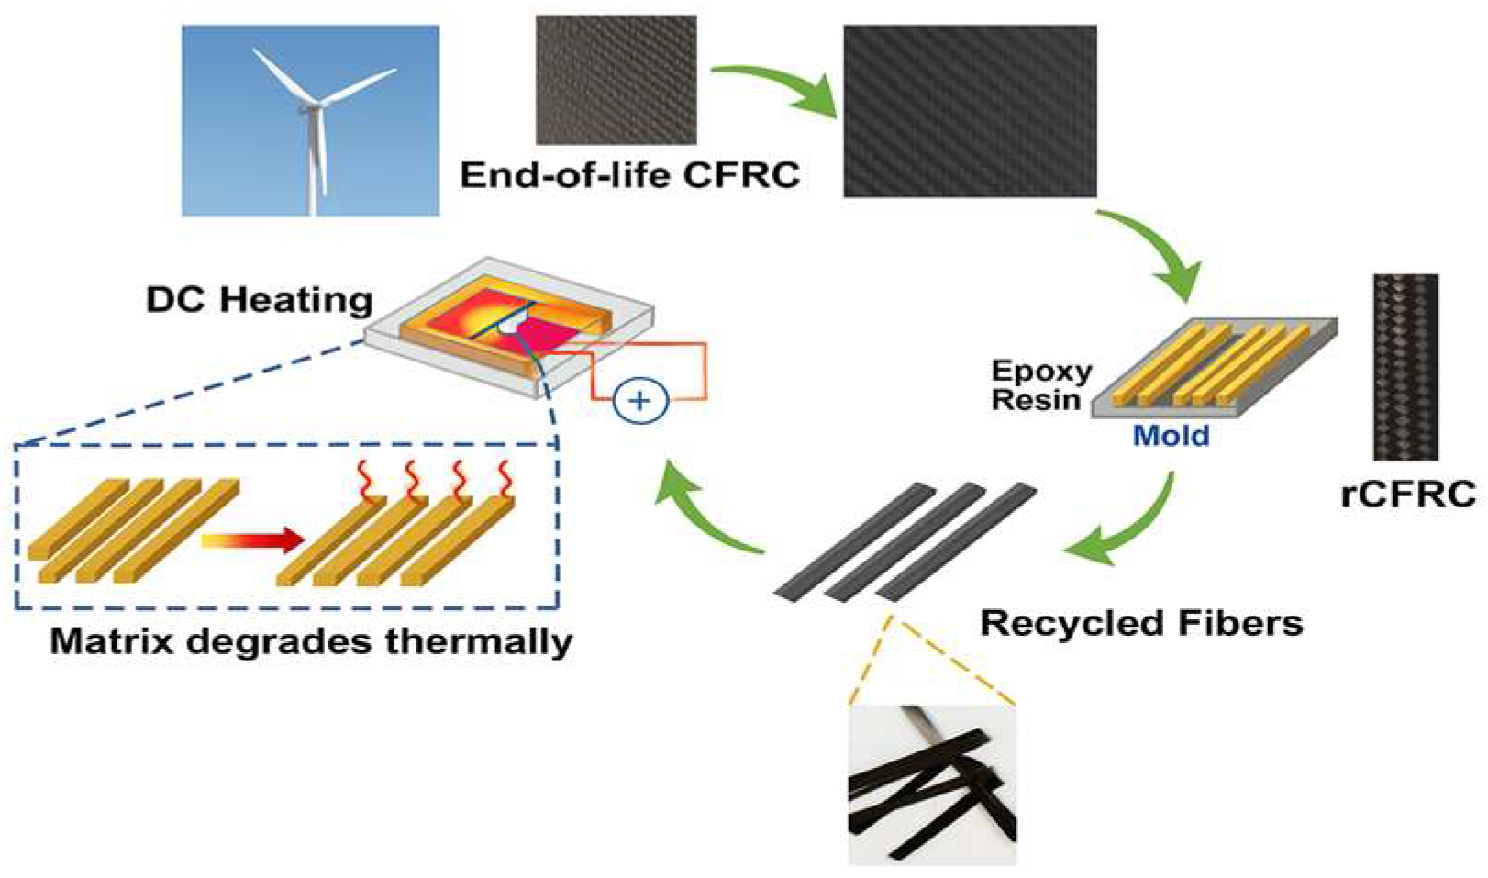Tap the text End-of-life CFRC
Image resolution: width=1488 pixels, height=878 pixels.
[629, 174]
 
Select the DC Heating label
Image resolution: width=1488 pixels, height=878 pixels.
[260, 300]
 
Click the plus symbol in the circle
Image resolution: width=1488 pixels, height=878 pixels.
[639, 401]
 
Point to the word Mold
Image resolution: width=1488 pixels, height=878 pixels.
[1171, 434]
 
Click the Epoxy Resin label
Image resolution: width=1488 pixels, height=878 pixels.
[1041, 385]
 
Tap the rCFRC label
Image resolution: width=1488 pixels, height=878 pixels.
[1407, 494]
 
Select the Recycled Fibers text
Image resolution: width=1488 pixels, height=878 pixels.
[1141, 623]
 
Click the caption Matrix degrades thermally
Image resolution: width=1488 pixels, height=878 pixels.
[311, 640]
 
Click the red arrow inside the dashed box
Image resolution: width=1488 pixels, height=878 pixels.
[252, 539]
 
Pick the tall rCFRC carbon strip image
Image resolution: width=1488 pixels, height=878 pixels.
[1405, 367]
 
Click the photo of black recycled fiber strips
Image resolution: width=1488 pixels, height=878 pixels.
[932, 784]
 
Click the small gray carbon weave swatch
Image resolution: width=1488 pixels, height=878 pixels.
[616, 80]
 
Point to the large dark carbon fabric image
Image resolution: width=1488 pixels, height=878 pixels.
[969, 111]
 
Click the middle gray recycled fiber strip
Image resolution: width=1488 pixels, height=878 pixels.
[904, 543]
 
